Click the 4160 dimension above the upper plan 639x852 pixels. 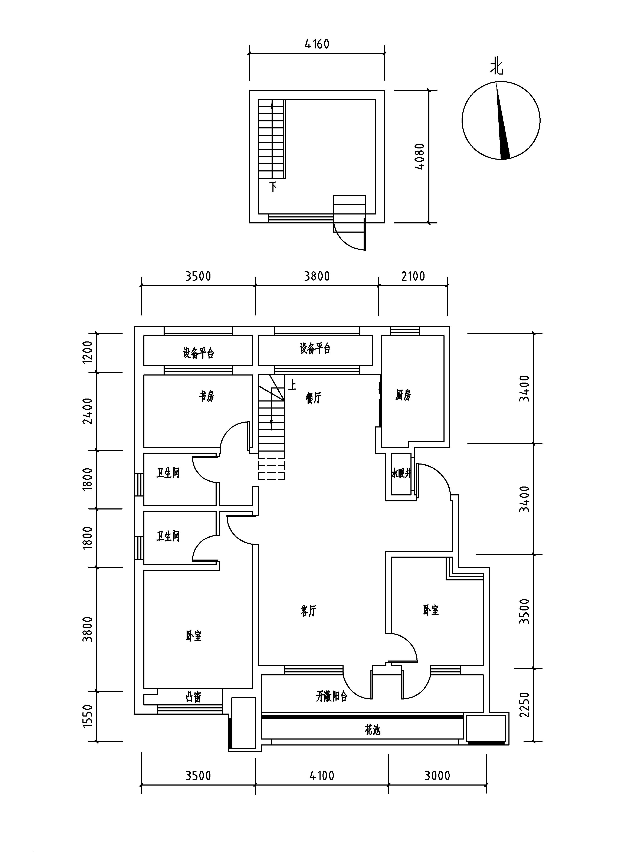[317, 44]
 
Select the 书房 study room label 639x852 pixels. [207, 396]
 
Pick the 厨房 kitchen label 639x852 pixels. [403, 395]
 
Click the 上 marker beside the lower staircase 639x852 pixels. [293, 385]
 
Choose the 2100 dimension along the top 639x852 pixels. [413, 276]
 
